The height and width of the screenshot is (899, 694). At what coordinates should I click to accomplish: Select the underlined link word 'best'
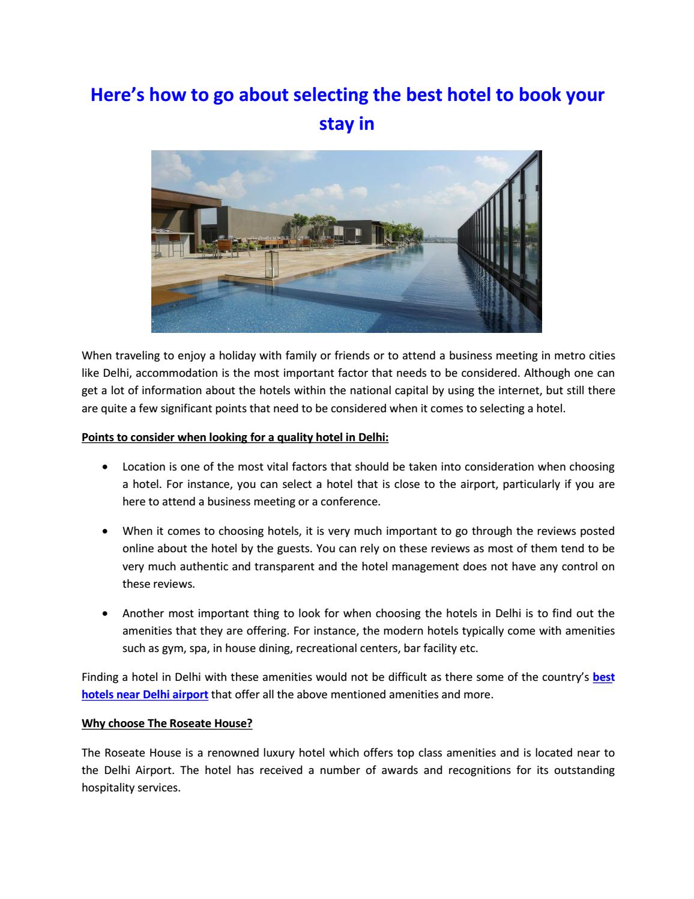click(x=603, y=677)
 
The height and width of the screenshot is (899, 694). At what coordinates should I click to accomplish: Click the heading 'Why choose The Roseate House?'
click(x=167, y=724)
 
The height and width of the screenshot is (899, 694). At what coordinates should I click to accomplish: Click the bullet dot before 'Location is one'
click(x=106, y=466)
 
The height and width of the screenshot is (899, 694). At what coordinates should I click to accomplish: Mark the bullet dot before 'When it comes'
click(x=106, y=531)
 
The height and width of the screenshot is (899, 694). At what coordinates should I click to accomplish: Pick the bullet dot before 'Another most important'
click(x=106, y=614)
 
